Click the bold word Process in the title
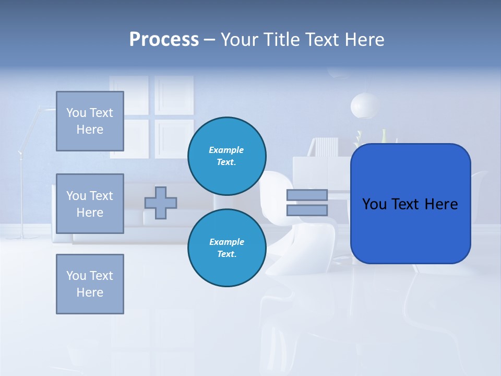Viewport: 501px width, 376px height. [164, 40]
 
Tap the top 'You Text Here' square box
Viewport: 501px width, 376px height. [90, 121]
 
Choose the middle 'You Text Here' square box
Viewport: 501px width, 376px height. [90, 204]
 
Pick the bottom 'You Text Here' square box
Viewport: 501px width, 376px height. [90, 284]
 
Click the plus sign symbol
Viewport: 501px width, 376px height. [161, 203]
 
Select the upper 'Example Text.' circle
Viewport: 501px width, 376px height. [227, 156]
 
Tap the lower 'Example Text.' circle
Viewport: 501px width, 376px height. [227, 248]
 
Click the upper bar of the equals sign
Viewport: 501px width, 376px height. [307, 195]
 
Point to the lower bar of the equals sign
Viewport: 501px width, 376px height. [307, 210]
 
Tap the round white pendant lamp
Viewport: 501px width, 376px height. [365, 106]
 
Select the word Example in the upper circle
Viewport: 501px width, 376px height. [226, 150]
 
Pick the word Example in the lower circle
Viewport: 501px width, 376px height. [226, 242]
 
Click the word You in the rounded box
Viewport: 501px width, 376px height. [375, 204]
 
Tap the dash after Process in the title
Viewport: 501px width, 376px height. [209, 40]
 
